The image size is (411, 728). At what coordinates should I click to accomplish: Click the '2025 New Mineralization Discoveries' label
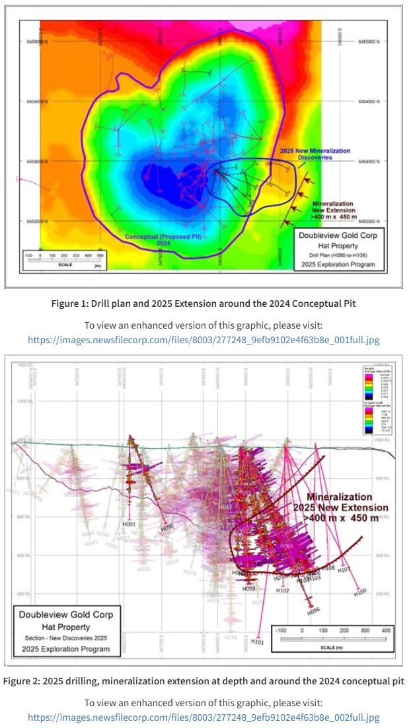tap(315, 155)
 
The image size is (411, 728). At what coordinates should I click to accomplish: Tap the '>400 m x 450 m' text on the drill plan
tap(334, 214)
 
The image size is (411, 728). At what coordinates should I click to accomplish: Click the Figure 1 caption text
tap(205, 304)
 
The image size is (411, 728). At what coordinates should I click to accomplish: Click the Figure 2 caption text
tap(205, 681)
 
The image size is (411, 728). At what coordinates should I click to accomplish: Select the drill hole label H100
tap(359, 592)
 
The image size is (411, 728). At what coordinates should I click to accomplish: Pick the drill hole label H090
tap(167, 528)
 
